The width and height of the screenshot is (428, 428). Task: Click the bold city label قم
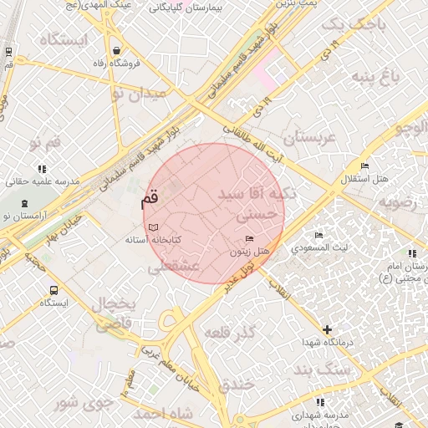(149, 201)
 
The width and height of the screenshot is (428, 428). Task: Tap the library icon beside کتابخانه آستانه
(152, 227)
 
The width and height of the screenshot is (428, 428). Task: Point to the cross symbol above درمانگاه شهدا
(327, 330)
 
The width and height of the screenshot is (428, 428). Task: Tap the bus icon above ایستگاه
(54, 290)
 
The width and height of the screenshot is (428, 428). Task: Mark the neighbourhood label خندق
(237, 385)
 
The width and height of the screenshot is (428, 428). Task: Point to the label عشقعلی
(173, 267)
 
